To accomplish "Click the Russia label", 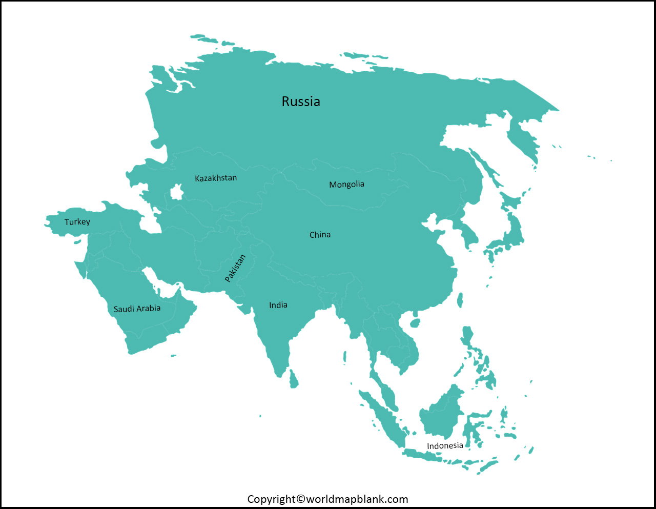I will pos(301,101).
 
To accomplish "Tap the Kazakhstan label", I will pos(216,178).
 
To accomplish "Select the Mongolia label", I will pos(346,184).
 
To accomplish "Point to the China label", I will pos(320,235).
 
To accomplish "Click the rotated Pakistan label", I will pos(235,268).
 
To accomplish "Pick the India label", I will pos(278,305).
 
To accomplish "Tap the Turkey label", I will pos(77,222).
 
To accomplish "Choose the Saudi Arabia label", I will pos(137,309).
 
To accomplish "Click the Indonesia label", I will pos(445,446).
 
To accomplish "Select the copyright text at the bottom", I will pos(327,499).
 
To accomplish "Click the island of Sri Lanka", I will pos(294,379).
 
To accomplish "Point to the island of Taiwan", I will pos(460,300).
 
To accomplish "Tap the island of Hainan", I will pos(415,323).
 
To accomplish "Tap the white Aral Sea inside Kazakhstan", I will pos(177,193).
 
